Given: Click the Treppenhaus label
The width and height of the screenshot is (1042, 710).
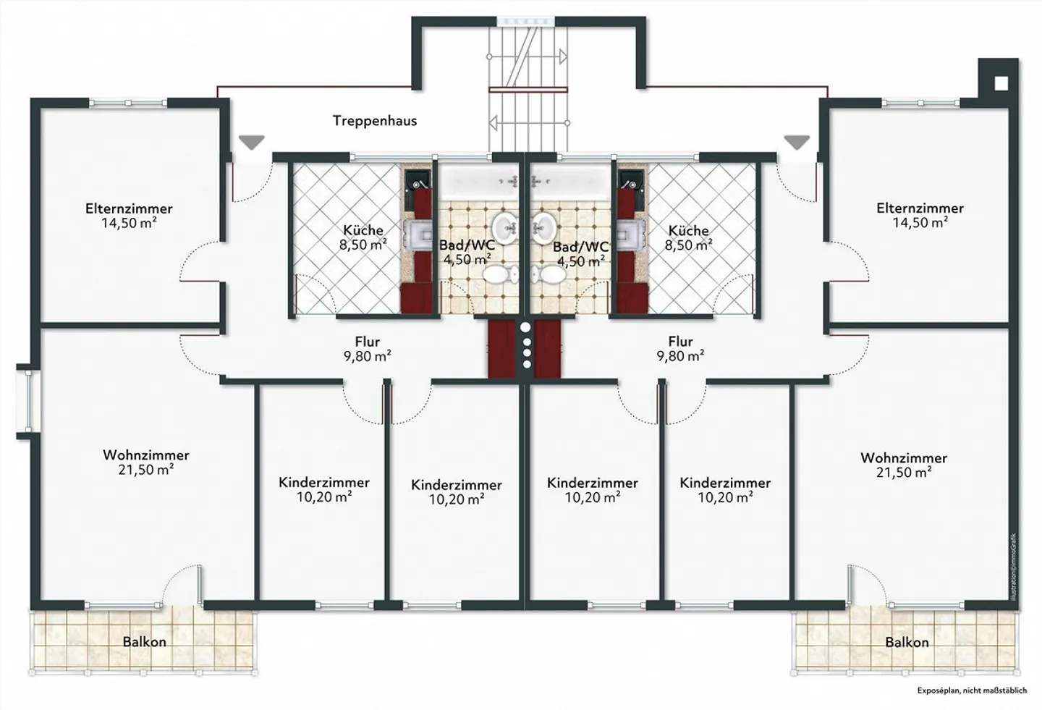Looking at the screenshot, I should point(375,121).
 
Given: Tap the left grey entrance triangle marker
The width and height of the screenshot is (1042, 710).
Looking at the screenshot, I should point(251,143).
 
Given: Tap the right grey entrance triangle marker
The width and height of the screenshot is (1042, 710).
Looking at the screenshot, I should point(797,143).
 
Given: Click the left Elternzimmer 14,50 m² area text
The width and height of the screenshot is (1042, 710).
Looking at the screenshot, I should point(129,223).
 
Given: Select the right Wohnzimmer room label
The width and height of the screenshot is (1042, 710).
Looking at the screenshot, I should point(904,458).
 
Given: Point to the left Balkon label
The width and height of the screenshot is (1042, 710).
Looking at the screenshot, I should point(145,642).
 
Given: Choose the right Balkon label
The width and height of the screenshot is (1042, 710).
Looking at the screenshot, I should point(907,643).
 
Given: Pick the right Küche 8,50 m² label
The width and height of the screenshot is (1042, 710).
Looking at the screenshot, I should point(689,238).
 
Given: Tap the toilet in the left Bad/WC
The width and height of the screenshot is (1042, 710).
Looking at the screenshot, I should point(497,274).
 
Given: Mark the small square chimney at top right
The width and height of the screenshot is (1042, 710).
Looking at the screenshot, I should point(1000,83).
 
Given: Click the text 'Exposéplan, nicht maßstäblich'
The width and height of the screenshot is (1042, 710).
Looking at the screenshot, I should point(972,690).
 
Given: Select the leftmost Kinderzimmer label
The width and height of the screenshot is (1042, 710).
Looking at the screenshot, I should point(324,482).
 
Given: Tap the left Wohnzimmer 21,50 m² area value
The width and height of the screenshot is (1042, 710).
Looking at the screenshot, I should point(147,470).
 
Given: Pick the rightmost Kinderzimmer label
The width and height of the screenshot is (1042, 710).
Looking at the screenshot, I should point(725,483).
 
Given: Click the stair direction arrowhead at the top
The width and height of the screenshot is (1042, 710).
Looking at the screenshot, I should point(562,55).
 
